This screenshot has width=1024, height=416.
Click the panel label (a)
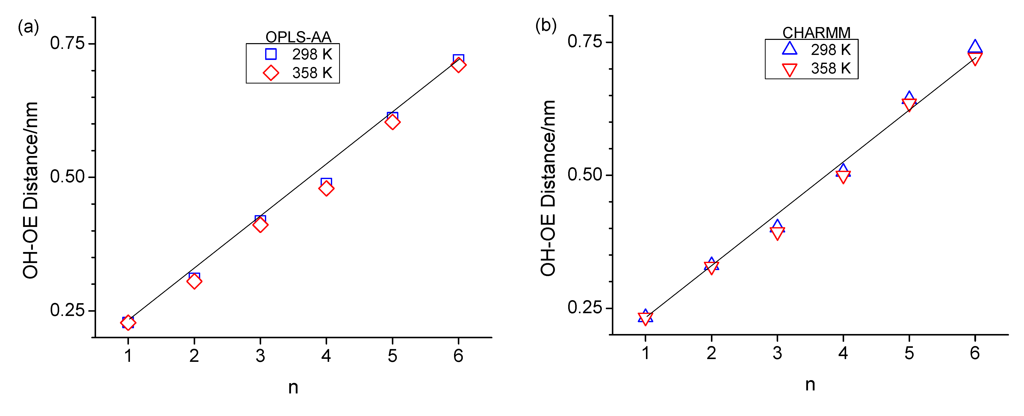point(28,27)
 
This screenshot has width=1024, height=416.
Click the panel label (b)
point(546,25)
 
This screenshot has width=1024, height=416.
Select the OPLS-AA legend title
point(298,37)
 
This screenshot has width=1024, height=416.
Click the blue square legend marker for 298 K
point(271,54)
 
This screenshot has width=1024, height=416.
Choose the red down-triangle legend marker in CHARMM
point(789,69)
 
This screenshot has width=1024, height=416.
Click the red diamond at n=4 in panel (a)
point(326,188)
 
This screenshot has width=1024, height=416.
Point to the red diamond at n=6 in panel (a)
point(458,65)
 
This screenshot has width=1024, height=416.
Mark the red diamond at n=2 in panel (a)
point(194,281)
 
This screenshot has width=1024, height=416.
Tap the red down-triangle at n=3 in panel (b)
point(777,233)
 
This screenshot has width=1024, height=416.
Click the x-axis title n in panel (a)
point(293,387)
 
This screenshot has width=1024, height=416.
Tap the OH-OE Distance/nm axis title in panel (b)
point(548,188)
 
